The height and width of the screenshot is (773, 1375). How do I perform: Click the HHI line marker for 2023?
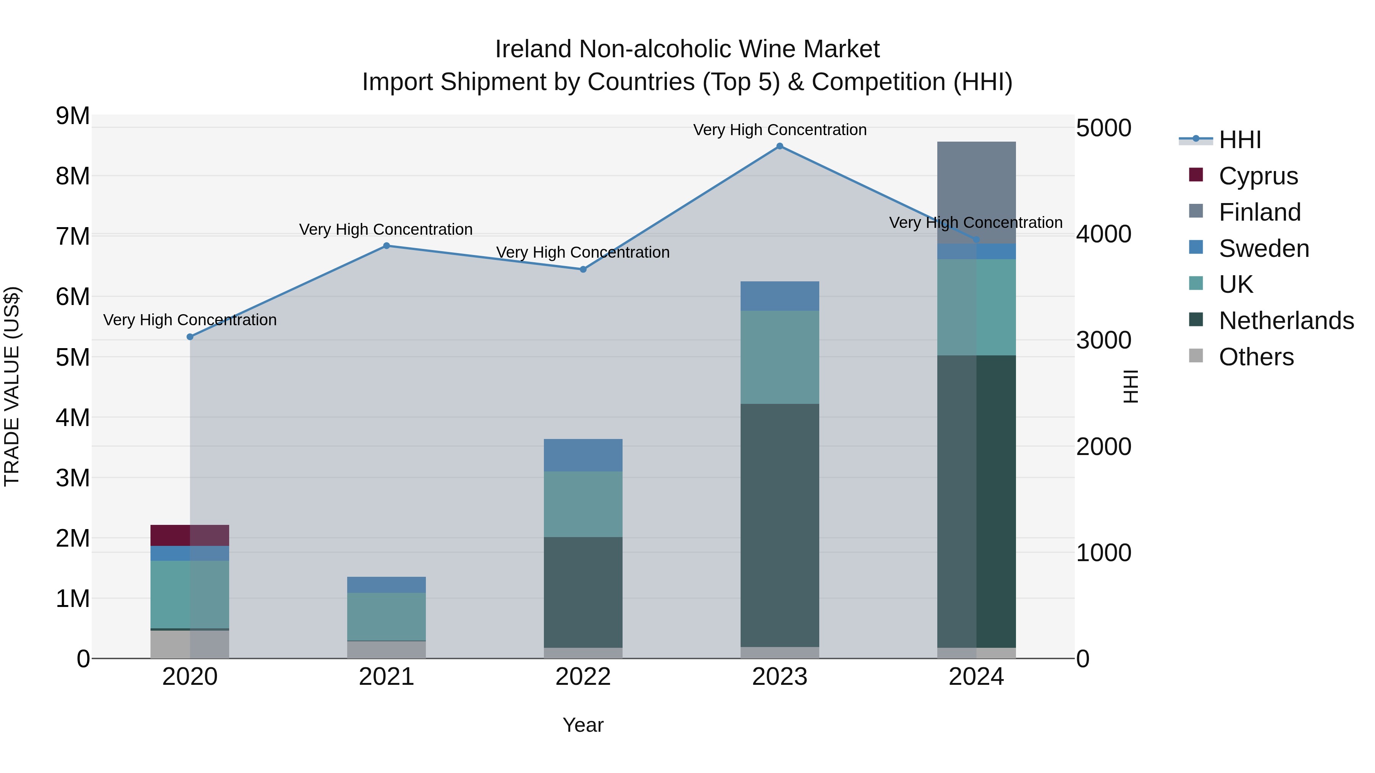coord(779,146)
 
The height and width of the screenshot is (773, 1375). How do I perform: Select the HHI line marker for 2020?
coord(190,337)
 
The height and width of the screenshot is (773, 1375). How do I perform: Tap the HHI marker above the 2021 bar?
coord(387,246)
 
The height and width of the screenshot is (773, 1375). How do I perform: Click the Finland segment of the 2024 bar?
coord(976,192)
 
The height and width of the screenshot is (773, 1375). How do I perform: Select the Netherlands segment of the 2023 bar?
coord(779,526)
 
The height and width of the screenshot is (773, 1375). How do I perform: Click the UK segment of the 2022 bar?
coord(583,504)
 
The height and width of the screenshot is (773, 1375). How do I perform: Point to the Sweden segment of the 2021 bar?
coord(387,585)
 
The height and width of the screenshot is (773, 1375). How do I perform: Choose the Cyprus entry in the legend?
coord(1258,176)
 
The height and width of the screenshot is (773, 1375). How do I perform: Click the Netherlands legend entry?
coord(1285,321)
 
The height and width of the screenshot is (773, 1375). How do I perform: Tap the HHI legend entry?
coord(1239,140)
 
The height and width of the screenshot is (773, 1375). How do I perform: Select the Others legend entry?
coord(1255,357)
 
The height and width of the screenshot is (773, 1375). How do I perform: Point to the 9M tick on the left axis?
coord(73,116)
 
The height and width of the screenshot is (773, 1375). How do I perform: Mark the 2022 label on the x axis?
coord(583,677)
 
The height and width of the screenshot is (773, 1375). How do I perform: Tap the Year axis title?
coord(583,725)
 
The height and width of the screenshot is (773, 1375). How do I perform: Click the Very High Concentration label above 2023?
coord(779,130)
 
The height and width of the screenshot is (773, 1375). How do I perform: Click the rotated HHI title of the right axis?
coord(1131,386)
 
